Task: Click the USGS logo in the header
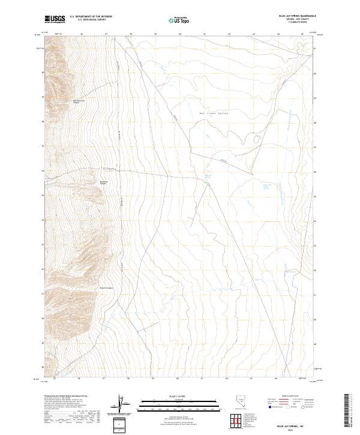click(x=55, y=19)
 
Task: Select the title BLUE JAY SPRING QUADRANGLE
click(x=293, y=16)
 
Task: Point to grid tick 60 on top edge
click(x=180, y=34)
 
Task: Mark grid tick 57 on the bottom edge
click(x=105, y=379)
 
